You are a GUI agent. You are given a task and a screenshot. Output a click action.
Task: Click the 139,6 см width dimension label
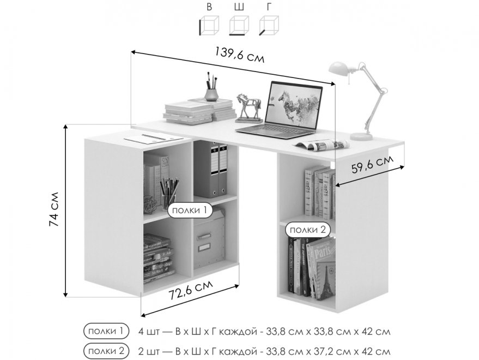point(239,55)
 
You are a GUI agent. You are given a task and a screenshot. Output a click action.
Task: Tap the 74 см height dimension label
point(54,209)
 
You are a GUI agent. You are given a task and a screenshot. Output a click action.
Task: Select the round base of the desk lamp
point(361,136)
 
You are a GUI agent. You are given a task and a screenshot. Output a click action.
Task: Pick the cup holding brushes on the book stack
point(211,94)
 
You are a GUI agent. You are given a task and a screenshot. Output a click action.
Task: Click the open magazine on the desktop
point(322,145)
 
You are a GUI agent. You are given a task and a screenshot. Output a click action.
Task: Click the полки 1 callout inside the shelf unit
point(190,210)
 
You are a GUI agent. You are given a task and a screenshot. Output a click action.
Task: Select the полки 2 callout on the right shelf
point(308,230)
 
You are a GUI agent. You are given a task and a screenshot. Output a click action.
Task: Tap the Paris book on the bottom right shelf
point(324,267)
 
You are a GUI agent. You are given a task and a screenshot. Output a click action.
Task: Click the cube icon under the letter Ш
point(239,26)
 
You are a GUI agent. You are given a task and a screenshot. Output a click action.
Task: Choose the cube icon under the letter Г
point(269,26)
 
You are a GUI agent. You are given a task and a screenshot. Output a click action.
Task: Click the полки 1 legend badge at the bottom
point(107,331)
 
